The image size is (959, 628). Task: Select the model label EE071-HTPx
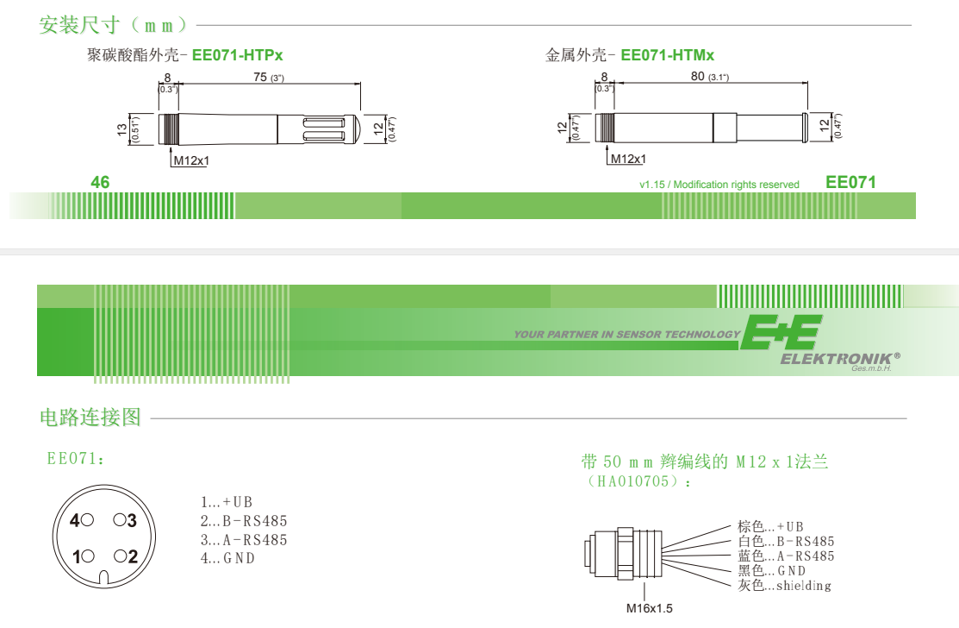[x=237, y=55]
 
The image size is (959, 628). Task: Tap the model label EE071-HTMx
[x=667, y=55]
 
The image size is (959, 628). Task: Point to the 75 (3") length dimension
[x=268, y=78]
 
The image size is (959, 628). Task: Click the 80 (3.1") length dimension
[x=709, y=78]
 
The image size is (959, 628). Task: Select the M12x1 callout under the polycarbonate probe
[x=191, y=160]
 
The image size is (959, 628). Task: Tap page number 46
[x=101, y=182]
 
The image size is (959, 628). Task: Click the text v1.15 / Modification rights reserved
[x=719, y=185]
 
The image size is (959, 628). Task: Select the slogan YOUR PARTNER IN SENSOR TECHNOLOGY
[x=626, y=335]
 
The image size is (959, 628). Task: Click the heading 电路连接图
[x=90, y=418]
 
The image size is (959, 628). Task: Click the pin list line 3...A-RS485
[x=243, y=540]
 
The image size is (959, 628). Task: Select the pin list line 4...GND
[x=227, y=558]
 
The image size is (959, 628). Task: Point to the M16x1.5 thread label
[x=649, y=608]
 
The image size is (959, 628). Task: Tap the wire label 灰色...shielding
[x=784, y=586]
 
